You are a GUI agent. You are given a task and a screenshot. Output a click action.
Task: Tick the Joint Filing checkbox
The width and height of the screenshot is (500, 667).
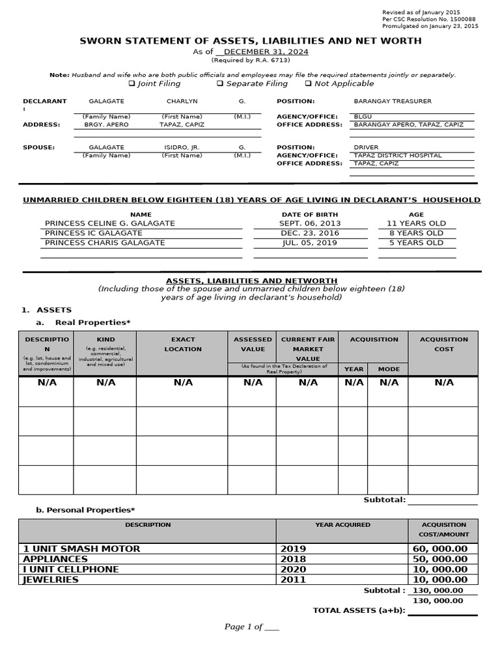point(132,84)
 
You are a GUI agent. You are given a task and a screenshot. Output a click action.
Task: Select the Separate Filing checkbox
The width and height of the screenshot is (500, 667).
point(220,84)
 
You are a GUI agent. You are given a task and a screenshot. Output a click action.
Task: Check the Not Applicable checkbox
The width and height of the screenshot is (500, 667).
point(308,84)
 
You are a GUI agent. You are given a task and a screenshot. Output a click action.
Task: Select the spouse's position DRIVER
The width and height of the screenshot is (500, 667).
point(365,148)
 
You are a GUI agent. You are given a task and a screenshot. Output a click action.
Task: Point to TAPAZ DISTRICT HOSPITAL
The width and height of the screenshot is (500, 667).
point(397,156)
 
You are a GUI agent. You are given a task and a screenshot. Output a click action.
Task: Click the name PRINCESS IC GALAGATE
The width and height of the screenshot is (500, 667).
point(93,233)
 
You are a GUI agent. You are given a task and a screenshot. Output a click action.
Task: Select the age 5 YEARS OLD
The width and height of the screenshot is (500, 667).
point(416,243)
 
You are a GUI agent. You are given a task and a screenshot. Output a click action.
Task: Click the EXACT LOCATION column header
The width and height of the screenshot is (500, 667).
point(183,344)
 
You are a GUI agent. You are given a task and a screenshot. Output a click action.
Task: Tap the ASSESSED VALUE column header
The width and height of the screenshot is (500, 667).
point(253,344)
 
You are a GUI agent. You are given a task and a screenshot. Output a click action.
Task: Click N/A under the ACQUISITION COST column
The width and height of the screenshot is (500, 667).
point(444,382)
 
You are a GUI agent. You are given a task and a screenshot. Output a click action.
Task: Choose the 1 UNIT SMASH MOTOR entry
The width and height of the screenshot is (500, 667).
point(81,549)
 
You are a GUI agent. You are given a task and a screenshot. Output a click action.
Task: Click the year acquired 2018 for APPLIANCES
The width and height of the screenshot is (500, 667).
point(293,559)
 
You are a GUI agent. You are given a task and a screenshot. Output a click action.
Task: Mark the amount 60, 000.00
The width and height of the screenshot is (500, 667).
point(440,549)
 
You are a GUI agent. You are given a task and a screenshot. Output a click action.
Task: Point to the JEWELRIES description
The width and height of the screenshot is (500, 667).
point(51,580)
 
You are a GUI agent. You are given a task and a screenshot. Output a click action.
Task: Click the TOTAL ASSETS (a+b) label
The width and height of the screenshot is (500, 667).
point(359,610)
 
